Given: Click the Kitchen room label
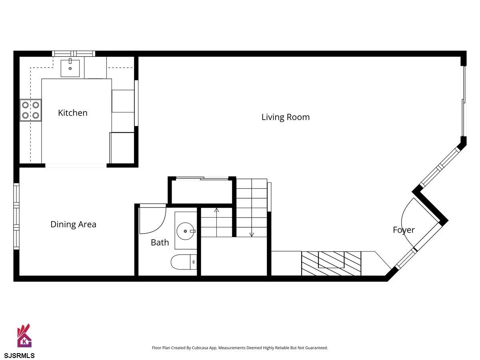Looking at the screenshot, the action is coord(73,113).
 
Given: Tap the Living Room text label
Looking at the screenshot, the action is coord(286,117).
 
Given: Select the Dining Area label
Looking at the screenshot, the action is coord(73,224).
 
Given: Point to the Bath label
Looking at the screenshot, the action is coord(160,242).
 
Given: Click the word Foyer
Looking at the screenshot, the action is coord(404,230).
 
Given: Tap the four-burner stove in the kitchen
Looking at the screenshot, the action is coord(31,110).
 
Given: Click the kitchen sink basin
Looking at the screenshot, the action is coord(70,68).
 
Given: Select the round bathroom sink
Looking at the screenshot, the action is coord(186,231).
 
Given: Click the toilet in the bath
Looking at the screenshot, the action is coord(184,262).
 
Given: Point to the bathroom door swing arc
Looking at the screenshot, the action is coord(159,227).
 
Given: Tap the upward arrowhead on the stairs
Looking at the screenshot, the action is coord(216,210).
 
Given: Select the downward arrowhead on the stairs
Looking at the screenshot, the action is coord(252,235).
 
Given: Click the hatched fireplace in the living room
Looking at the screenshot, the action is coord(331,263).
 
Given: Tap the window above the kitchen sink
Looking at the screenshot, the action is coord(74,54).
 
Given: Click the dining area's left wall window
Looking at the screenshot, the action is coord(16,216).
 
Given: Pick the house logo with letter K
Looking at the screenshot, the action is coord(24,336).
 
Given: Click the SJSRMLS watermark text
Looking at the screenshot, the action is coord(19,356).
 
